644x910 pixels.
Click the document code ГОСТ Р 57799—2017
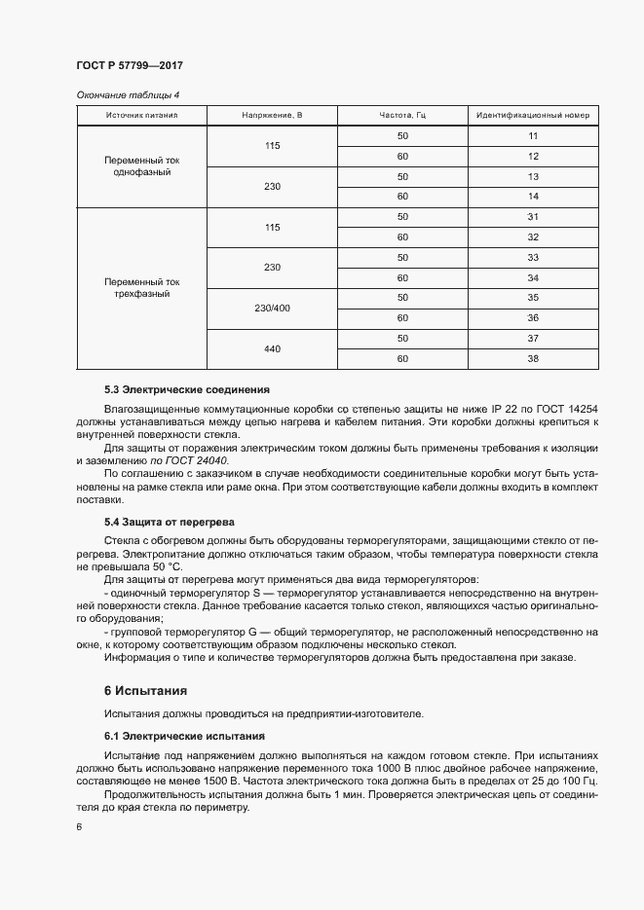[129, 65]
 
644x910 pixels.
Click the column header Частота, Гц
[402, 116]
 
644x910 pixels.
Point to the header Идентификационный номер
[533, 116]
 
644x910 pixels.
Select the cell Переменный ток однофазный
[142, 165]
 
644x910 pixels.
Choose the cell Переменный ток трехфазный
[142, 287]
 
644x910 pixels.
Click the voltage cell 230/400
[272, 308]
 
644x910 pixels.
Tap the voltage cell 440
[272, 347]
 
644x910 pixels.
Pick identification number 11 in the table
[533, 136]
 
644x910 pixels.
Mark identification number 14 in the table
[533, 197]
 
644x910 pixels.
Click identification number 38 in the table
[533, 358]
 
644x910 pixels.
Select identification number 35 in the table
[533, 297]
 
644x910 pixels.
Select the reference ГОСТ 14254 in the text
[568, 409]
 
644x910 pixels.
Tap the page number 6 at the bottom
[78, 827]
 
